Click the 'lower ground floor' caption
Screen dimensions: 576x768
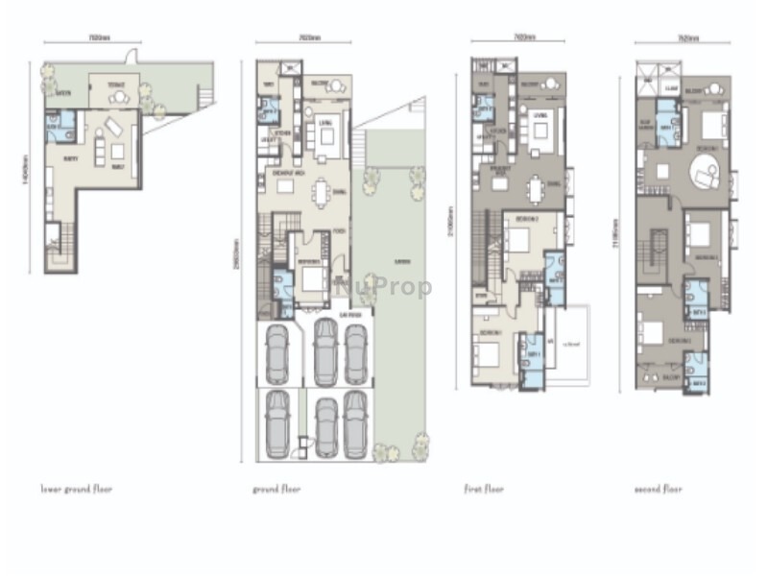(76, 489)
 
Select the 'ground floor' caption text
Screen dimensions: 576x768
(276, 489)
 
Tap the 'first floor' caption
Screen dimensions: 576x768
(485, 489)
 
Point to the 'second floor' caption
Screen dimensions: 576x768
(659, 489)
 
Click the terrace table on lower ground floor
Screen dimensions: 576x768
(117, 97)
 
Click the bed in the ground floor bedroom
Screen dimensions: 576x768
(313, 281)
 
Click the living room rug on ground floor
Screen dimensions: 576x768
(326, 135)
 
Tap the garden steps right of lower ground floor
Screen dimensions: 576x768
(205, 96)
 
